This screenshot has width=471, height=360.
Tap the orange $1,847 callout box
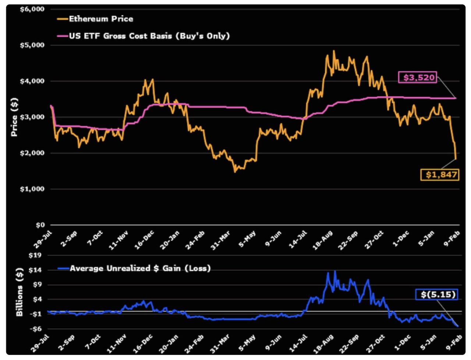440,174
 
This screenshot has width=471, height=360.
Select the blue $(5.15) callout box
437,294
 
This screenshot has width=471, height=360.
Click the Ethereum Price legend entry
100,19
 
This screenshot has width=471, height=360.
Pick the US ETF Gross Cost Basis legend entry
149,36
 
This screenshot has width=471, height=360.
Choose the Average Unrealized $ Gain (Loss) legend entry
140,268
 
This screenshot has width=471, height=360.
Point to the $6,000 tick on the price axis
32,9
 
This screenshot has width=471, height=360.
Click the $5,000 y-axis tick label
32,45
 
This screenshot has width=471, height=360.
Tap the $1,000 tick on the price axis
32,189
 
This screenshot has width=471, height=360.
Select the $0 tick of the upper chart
40,225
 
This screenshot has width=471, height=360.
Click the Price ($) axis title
14,117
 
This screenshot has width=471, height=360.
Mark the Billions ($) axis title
19,292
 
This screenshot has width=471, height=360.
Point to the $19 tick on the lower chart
35,255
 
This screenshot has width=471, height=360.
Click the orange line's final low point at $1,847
456,159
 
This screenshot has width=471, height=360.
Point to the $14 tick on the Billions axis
35,270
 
